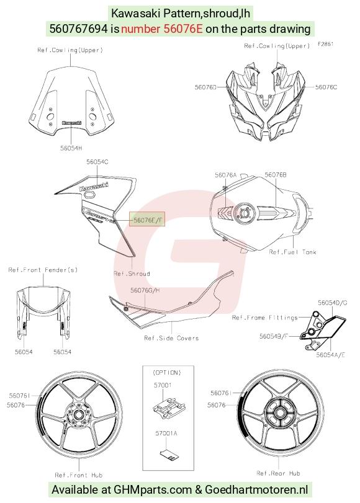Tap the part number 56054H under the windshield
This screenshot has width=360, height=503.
click(x=71, y=148)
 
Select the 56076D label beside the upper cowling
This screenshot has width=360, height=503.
click(x=205, y=87)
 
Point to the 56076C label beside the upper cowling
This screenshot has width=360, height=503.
click(x=326, y=87)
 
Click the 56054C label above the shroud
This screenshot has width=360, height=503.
click(x=97, y=162)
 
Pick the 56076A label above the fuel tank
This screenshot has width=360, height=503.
click(x=225, y=175)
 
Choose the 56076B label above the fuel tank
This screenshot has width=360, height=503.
click(x=276, y=175)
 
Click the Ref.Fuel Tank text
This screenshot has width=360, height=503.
click(x=292, y=252)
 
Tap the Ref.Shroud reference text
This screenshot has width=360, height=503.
click(x=132, y=274)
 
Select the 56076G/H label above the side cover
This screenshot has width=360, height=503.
click(x=145, y=290)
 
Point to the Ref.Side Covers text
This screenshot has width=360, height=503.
click(x=171, y=338)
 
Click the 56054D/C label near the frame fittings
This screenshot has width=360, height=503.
click(x=333, y=303)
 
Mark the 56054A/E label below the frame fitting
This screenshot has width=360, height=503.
click(x=330, y=355)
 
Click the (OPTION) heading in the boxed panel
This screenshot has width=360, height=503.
click(x=167, y=372)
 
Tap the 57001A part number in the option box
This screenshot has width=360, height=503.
click(x=166, y=433)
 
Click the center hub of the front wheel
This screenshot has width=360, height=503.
click(x=78, y=415)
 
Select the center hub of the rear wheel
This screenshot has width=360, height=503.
click(x=278, y=412)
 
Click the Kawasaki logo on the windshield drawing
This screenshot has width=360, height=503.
click(x=71, y=123)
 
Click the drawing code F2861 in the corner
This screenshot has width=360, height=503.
click(x=326, y=44)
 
